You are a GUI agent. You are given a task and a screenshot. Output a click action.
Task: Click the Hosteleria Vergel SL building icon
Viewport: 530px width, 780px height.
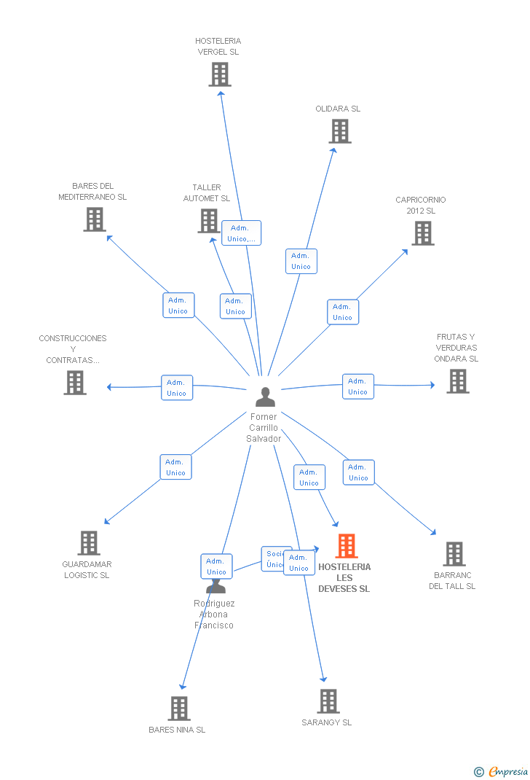220,74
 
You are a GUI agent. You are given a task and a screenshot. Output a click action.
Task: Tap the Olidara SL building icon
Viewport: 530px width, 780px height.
339,131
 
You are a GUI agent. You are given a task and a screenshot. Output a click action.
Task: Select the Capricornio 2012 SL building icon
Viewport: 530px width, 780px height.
422,233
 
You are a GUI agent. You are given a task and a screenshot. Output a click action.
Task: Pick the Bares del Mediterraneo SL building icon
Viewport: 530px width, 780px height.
94,219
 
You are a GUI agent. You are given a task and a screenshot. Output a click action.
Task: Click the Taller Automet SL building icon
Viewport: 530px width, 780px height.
209,221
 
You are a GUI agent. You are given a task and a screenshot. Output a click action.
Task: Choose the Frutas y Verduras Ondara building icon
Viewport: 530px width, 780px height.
457,381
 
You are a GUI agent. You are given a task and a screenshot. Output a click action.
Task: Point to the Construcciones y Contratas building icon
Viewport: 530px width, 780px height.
74,383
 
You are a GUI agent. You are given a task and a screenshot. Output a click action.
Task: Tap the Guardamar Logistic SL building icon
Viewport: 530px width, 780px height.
89,543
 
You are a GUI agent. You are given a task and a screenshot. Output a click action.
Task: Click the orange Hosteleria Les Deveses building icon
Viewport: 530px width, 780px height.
346,546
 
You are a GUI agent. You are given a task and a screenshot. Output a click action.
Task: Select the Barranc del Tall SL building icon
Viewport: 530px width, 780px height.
454,554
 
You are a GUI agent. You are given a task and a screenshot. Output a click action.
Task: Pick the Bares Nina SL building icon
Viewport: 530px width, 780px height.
178,708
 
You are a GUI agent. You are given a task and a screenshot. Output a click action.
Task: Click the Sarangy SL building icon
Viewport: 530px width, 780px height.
328,701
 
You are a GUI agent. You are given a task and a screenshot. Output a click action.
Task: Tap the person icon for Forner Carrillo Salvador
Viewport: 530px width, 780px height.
265,397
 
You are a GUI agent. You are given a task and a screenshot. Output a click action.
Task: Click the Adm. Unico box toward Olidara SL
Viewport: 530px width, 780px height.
301,261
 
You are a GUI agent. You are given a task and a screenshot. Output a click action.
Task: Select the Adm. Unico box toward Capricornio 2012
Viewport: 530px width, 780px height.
342,312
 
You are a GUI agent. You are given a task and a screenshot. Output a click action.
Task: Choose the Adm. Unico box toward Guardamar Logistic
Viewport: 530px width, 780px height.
175,467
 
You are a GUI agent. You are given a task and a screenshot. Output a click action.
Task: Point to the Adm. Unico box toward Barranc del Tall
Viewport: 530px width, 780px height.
358,472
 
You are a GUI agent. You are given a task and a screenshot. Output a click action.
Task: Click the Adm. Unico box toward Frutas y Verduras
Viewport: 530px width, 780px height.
357,386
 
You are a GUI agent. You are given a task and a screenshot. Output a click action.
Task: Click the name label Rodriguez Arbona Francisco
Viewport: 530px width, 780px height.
214,614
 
